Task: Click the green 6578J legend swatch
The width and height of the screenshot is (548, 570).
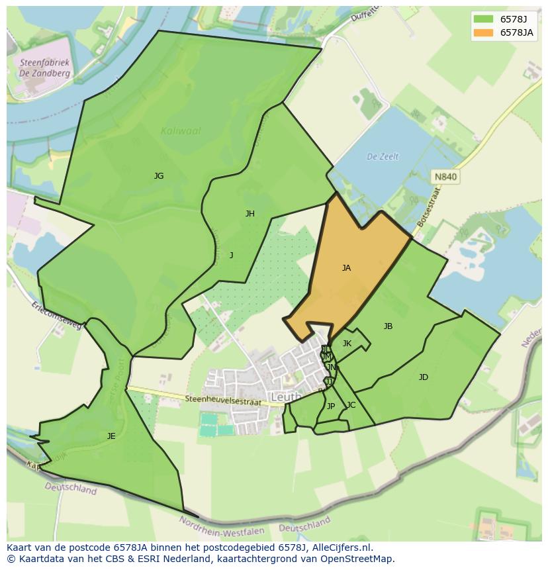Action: point(483,19)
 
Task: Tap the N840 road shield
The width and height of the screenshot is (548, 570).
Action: point(445,177)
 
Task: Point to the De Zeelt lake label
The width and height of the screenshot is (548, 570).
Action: point(383,157)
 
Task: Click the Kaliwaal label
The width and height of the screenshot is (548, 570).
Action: point(181,131)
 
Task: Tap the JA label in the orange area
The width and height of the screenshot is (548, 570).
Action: point(346,268)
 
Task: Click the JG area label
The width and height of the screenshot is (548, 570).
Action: point(159,176)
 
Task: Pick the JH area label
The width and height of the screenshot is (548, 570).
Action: point(250,213)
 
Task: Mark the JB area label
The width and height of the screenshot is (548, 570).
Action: point(388,326)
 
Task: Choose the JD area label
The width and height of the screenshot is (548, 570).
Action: point(424,377)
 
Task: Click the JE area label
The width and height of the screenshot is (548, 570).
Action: point(111,436)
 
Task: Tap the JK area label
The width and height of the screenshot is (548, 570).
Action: point(347,344)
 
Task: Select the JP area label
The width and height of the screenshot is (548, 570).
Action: point(331,406)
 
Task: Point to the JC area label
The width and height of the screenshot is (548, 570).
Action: point(351,405)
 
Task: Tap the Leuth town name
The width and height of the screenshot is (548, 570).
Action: point(286,397)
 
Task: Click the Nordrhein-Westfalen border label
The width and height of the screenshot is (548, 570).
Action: point(222,526)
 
